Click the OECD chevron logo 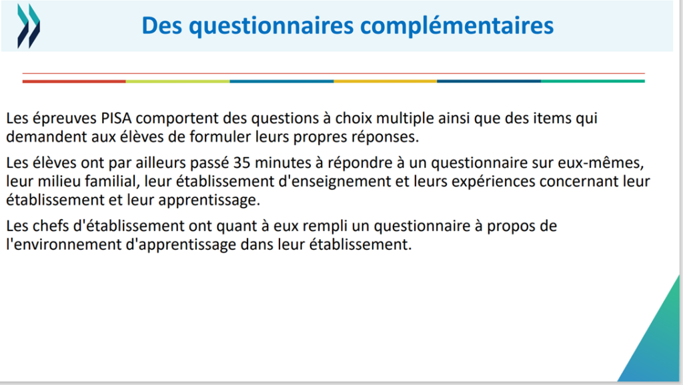pos(29,26)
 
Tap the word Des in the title pos(162,25)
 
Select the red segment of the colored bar pos(74,81)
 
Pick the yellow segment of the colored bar pos(385,81)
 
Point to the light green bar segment pos(177,81)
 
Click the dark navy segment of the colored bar pos(489,81)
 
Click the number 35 pos(241,163)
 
